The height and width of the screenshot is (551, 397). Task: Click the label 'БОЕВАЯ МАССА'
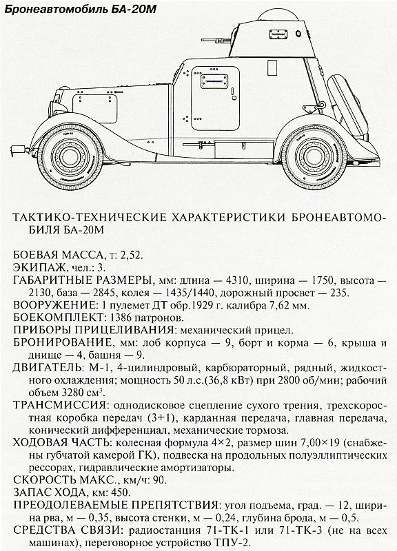(56, 255)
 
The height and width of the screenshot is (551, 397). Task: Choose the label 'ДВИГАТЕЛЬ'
(48, 368)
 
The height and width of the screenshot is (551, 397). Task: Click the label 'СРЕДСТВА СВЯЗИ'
(65, 531)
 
